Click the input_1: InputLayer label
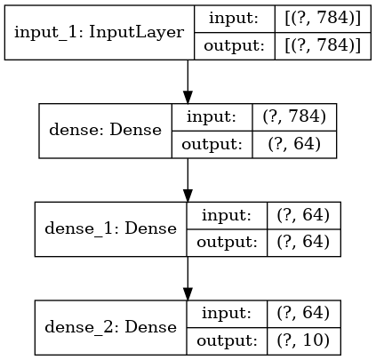pos(99,32)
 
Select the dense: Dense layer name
pos(106,130)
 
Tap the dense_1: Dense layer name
pos(110,228)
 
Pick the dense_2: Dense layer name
pos(110,327)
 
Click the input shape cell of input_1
pos(323,19)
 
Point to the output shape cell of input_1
pos(323,46)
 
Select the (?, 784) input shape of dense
pos(294,116)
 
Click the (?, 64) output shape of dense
pos(294,144)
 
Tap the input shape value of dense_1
pos(303,215)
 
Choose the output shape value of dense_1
pos(303,243)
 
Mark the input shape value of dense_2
pos(303,314)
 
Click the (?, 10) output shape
pos(303,340)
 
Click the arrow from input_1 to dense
pos(188,82)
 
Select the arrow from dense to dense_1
pos(188,180)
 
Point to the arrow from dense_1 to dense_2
pos(188,278)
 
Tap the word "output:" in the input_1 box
pos(234,46)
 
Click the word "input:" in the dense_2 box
pos(227,313)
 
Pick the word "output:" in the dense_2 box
pos(227,341)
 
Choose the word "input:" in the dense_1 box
pos(227,215)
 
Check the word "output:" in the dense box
pos(212,145)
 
